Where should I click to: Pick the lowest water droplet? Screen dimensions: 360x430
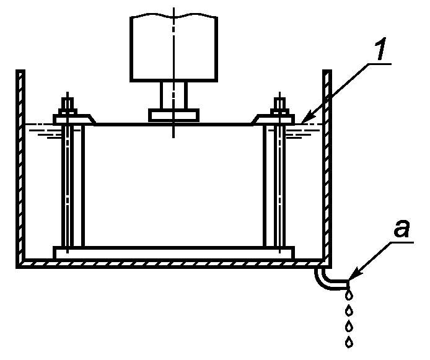(350, 341)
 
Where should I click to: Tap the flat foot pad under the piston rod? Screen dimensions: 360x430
(174, 115)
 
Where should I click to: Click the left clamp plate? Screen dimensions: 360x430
(74, 118)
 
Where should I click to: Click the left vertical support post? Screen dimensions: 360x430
(72, 186)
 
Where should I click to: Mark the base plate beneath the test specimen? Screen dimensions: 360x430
(174, 253)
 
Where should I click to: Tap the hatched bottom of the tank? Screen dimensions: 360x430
(174, 265)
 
